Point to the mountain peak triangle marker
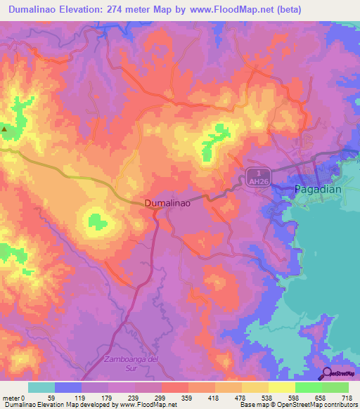(x=4, y=129)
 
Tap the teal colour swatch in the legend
(x=41, y=387)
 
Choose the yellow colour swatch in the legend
(x=281, y=387)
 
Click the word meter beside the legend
(x=11, y=398)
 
